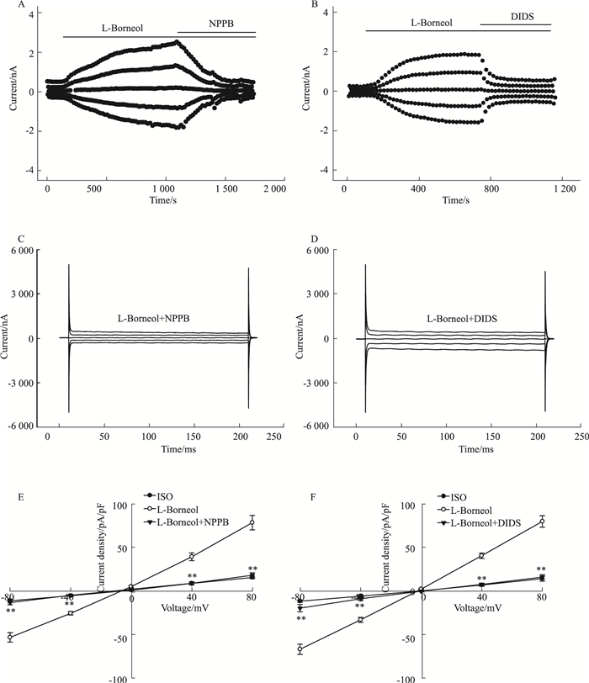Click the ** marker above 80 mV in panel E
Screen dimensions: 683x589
click(252, 569)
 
